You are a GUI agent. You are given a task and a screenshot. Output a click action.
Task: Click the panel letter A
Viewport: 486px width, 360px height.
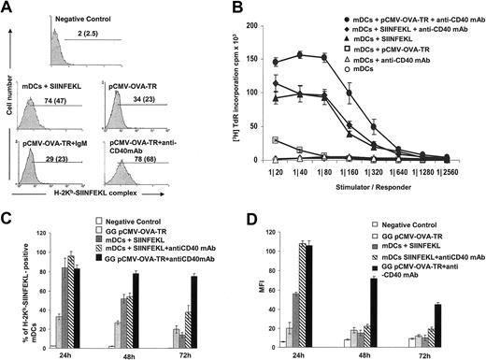[8, 8]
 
